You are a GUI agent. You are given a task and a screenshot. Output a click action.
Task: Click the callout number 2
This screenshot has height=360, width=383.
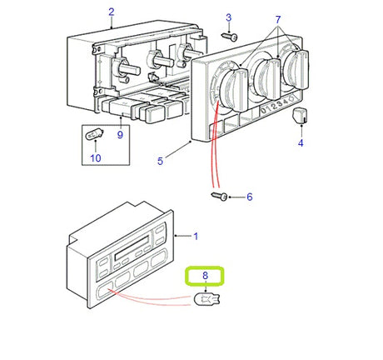111,12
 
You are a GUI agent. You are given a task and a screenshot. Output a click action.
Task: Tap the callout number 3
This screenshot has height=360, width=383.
228,17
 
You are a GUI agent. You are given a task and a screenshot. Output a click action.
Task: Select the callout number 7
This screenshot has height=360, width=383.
278,20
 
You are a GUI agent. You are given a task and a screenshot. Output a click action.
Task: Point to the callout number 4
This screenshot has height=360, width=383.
301,143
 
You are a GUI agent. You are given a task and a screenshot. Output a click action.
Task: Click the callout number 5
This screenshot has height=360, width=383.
160,161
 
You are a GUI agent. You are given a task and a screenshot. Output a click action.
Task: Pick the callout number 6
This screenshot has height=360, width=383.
250,197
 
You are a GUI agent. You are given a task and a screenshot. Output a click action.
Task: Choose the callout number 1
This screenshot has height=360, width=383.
196,237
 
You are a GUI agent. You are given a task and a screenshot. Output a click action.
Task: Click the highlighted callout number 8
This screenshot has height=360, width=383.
205,276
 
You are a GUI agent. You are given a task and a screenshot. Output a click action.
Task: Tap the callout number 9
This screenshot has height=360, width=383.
120,135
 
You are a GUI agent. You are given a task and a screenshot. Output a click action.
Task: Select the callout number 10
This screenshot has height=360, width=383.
96,158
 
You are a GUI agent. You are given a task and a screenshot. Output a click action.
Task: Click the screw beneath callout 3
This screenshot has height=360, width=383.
229,37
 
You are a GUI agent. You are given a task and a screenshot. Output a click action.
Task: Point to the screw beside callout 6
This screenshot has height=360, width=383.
220,197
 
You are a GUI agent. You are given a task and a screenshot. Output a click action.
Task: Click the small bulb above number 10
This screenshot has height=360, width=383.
94,135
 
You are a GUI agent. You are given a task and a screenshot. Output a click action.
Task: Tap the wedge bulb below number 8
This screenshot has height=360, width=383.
206,299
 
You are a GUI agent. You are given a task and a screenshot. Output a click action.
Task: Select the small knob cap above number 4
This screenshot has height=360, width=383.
301,116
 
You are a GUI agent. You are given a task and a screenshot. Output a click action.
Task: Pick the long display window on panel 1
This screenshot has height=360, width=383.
132,248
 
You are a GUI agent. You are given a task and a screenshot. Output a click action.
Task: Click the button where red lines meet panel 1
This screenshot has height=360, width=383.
104,291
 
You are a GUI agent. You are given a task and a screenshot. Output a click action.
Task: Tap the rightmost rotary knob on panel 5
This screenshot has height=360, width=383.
296,69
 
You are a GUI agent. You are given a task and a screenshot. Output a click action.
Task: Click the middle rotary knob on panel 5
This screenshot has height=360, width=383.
267,80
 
